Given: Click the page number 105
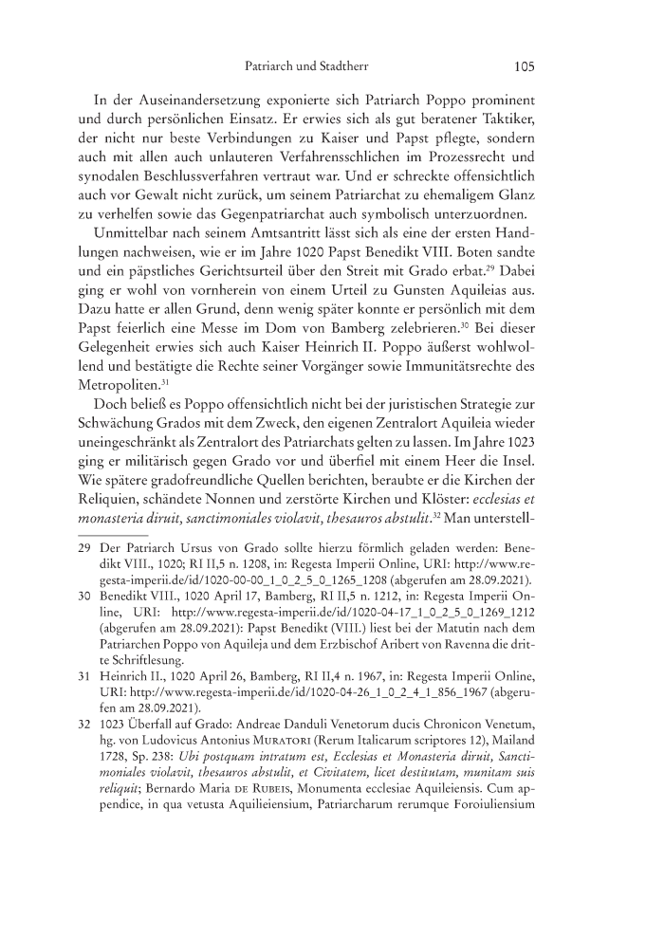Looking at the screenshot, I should (x=525, y=67).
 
